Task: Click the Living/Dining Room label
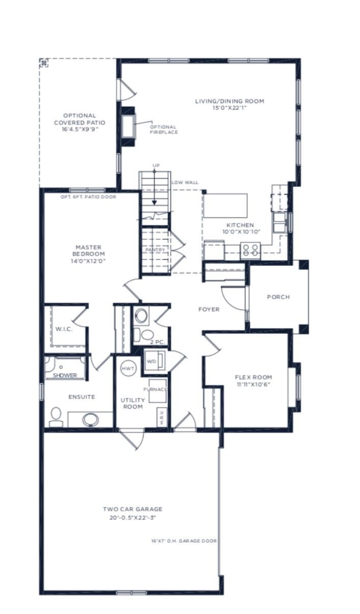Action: pyautogui.click(x=229, y=101)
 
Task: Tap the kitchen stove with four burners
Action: pyautogui.click(x=250, y=250)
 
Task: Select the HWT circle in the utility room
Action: pyautogui.click(x=128, y=369)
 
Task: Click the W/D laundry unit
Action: pyautogui.click(x=155, y=360)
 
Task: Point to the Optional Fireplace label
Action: pyautogui.click(x=164, y=130)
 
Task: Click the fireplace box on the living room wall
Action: pyautogui.click(x=128, y=127)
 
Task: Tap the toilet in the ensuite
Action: pyautogui.click(x=56, y=417)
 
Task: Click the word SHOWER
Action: pyautogui.click(x=65, y=375)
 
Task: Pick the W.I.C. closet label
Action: pyautogui.click(x=64, y=329)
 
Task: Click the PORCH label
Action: pyautogui.click(x=278, y=297)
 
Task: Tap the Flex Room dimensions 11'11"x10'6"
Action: pyautogui.click(x=254, y=384)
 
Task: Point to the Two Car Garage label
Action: pyautogui.click(x=133, y=509)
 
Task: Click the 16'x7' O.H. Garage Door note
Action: pyautogui.click(x=184, y=541)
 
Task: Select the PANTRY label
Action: pyautogui.click(x=155, y=250)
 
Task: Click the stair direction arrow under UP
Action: pyautogui.click(x=155, y=187)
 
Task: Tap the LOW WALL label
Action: pyautogui.click(x=185, y=182)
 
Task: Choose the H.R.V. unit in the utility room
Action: pyautogui.click(x=162, y=417)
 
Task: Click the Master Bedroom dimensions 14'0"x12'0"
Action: pyautogui.click(x=88, y=261)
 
